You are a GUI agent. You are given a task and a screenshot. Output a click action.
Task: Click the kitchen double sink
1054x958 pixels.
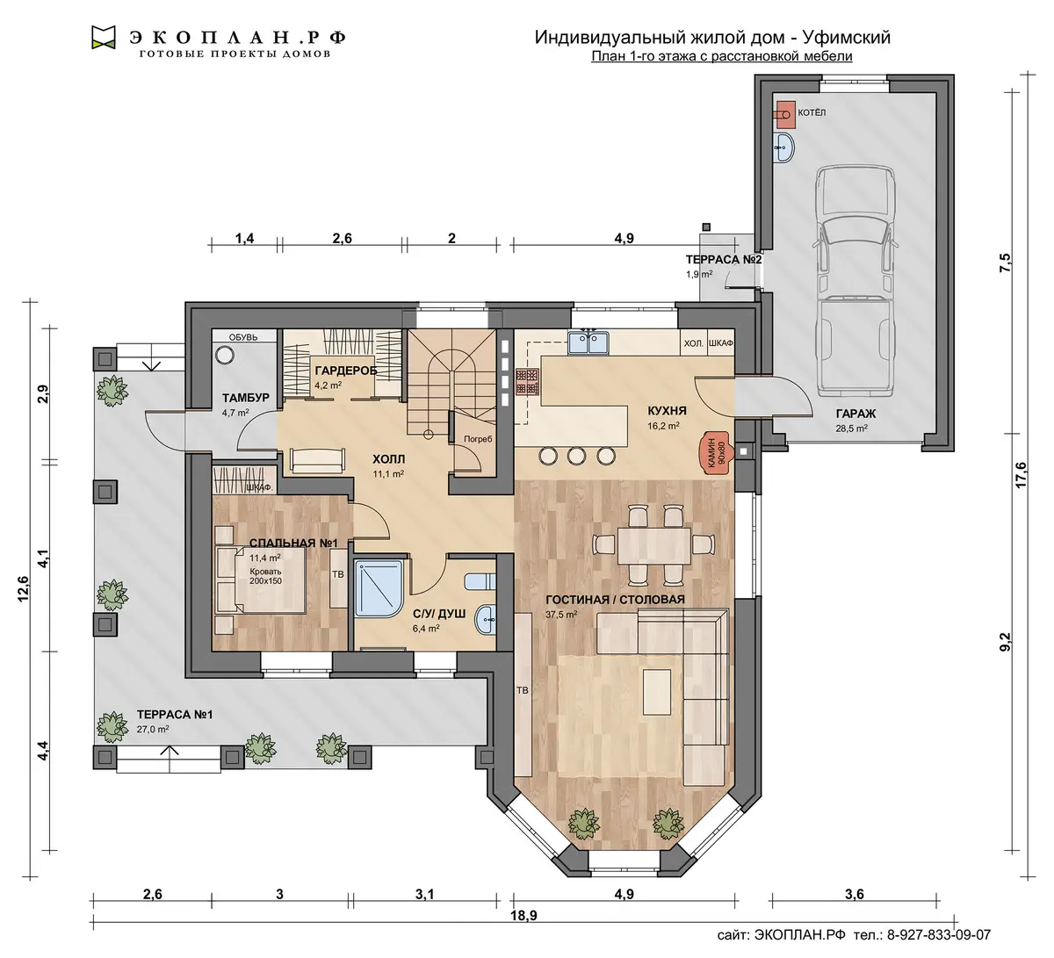click(588, 342)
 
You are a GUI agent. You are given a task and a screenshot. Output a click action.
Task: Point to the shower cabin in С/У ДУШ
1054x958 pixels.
click(379, 588)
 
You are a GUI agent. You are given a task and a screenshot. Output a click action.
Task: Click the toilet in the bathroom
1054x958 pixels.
click(480, 581)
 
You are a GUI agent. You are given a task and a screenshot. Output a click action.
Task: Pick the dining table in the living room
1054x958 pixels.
click(653, 545)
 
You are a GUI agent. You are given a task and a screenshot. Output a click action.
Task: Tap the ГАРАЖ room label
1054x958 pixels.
click(855, 414)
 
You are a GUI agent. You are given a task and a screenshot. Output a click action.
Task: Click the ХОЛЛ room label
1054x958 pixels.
click(388, 460)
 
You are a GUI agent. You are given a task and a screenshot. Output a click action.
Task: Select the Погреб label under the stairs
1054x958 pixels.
click(478, 438)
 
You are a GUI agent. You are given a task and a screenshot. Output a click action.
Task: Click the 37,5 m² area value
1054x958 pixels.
click(561, 614)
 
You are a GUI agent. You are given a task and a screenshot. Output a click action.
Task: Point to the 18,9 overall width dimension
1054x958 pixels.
click(523, 915)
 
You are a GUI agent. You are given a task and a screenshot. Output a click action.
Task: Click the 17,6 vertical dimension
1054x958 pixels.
click(1021, 474)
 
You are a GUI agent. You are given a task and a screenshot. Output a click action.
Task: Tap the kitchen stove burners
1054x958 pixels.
click(528, 381)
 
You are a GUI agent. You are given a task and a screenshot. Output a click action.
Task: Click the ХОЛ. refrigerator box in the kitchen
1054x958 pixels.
click(694, 343)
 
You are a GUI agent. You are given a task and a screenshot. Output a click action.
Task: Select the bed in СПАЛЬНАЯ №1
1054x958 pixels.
click(261, 580)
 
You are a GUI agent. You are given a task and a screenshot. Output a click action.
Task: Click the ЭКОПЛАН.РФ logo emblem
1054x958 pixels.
click(104, 37)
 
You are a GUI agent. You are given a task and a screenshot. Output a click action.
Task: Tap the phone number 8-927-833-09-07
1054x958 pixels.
click(939, 935)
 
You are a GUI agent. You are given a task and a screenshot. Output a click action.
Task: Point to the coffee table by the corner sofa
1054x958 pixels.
click(657, 692)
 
